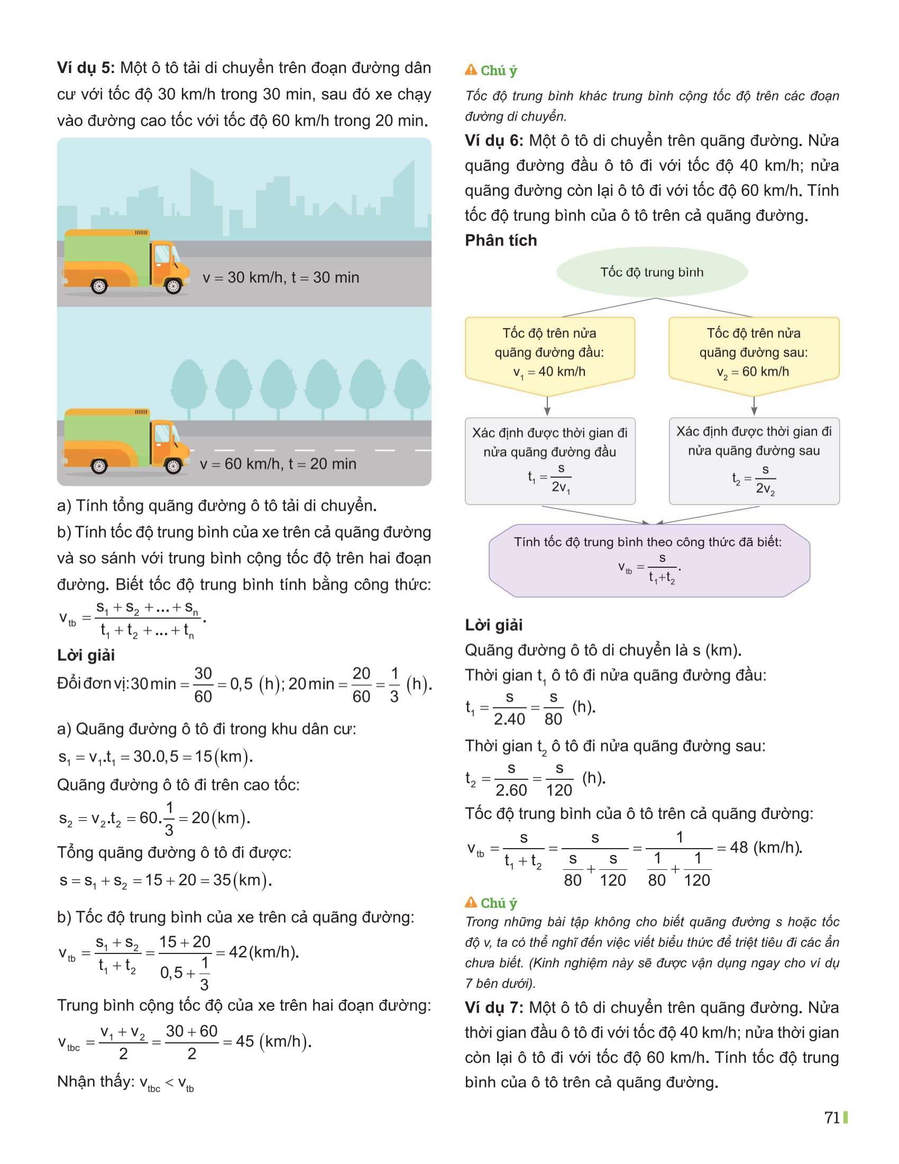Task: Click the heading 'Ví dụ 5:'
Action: tap(85, 68)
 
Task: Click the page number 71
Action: tap(832, 1117)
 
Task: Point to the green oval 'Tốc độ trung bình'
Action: tap(652, 272)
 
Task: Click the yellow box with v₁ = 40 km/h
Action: tap(549, 352)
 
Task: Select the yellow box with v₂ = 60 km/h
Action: tap(754, 352)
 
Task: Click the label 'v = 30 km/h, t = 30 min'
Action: tap(281, 278)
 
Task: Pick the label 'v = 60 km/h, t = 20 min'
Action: tap(278, 464)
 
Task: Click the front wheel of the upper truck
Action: tap(173, 286)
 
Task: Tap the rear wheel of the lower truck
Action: tap(99, 466)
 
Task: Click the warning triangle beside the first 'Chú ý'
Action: tap(471, 70)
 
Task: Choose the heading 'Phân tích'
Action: tap(501, 240)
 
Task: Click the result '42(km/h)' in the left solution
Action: tap(264, 952)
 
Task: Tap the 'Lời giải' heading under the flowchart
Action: tap(494, 625)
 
